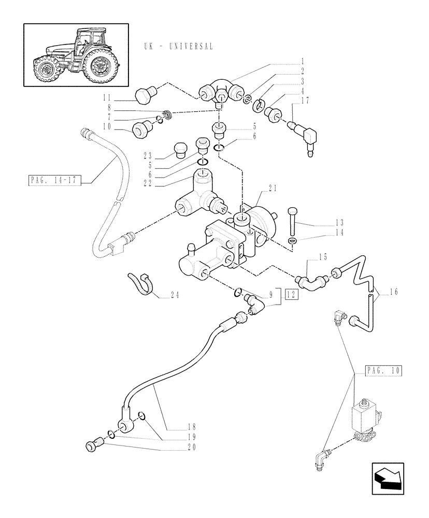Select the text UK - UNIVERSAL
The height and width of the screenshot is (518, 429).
(179, 46)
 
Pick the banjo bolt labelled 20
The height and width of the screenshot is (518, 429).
(94, 444)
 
